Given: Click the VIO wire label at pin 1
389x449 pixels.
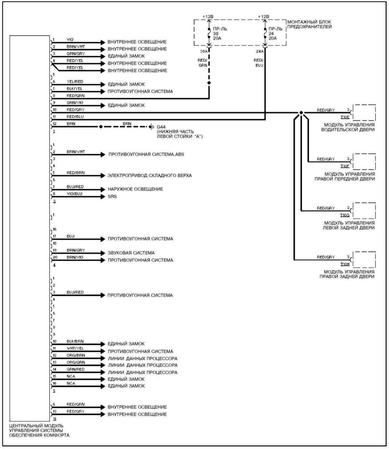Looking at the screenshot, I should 70,40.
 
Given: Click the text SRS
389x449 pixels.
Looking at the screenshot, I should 112,196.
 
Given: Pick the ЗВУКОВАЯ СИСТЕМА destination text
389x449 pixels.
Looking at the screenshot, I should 131,253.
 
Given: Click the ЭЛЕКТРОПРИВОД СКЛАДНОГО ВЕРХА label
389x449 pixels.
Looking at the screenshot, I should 150,176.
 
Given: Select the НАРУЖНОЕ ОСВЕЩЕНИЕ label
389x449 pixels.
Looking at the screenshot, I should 136,189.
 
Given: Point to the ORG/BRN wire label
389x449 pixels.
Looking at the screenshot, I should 76,355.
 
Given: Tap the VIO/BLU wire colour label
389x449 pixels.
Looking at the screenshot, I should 75,194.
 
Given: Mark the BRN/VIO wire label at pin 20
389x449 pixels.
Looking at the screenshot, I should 76,257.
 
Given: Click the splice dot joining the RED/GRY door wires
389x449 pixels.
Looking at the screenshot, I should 301,113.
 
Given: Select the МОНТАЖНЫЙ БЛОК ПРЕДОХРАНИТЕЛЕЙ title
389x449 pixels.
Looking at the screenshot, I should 309,24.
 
